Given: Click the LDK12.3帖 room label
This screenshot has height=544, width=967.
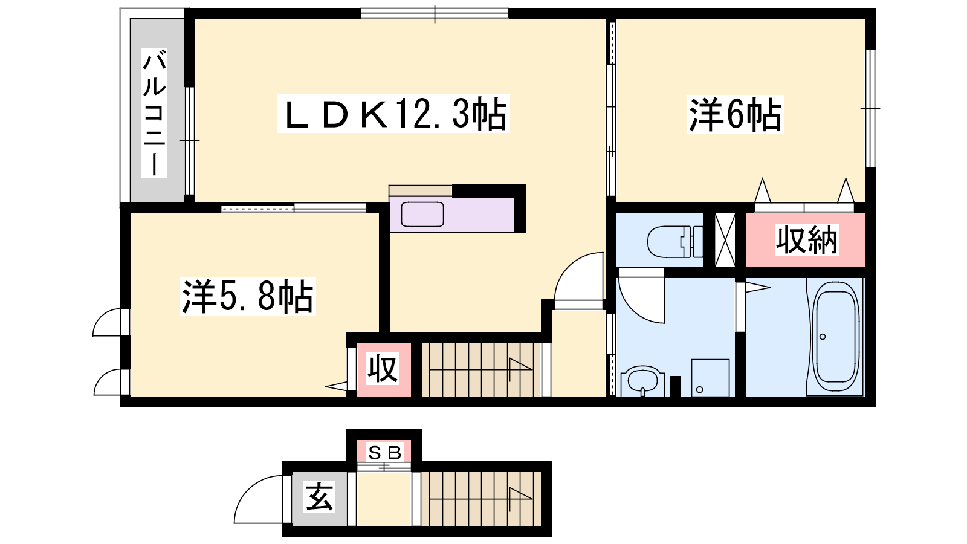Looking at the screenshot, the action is [x=393, y=114].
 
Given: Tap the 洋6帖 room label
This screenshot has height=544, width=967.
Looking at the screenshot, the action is [x=736, y=114].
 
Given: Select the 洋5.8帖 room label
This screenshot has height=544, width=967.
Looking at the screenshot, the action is [x=248, y=296].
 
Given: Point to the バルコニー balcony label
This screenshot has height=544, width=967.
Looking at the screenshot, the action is [x=154, y=113].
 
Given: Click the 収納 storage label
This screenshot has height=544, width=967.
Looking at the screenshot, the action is [x=806, y=239].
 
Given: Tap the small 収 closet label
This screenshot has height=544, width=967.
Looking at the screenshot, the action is [x=383, y=369].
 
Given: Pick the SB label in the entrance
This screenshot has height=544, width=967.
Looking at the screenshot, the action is [x=384, y=453].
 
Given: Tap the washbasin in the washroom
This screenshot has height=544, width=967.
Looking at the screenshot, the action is [x=642, y=381].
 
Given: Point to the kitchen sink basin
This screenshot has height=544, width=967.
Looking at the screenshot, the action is [x=422, y=214].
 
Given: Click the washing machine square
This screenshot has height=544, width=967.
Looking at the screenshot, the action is [x=710, y=377].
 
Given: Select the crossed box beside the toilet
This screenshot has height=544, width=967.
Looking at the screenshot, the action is [x=725, y=239].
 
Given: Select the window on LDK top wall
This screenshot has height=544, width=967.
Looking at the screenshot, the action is [x=435, y=13].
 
